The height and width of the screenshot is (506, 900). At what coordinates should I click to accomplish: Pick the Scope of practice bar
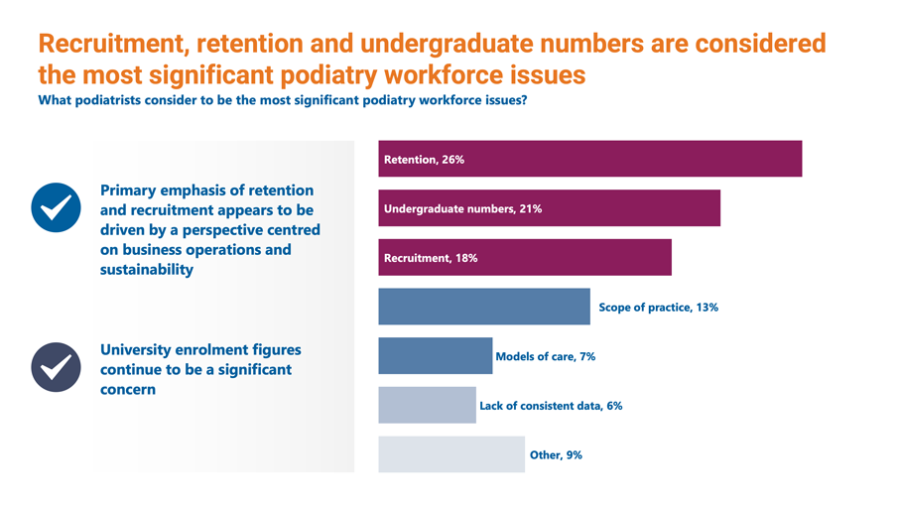tap(484, 307)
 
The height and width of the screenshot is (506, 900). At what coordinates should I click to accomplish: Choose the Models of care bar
tap(435, 355)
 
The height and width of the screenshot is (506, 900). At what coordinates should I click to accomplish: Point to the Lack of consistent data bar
tap(427, 405)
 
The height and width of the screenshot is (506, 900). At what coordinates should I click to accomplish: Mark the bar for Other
tap(451, 453)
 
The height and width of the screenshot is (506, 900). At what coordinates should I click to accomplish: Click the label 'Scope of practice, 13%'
tap(658, 308)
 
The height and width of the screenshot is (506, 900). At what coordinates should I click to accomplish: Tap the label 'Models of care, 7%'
tap(545, 356)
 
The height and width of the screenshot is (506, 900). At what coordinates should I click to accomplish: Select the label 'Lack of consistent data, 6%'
tap(551, 406)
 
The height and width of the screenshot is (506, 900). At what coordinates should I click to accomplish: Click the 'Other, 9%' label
tap(556, 454)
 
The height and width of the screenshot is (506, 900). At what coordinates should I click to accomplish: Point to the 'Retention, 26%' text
tap(424, 160)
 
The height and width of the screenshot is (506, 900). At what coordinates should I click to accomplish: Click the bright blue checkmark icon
tap(57, 207)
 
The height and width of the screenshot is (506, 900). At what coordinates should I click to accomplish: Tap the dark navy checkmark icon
tap(57, 367)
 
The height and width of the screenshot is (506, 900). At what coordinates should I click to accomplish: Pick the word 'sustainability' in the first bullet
tap(147, 269)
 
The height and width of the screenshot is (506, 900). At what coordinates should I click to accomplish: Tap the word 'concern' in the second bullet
tap(128, 389)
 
